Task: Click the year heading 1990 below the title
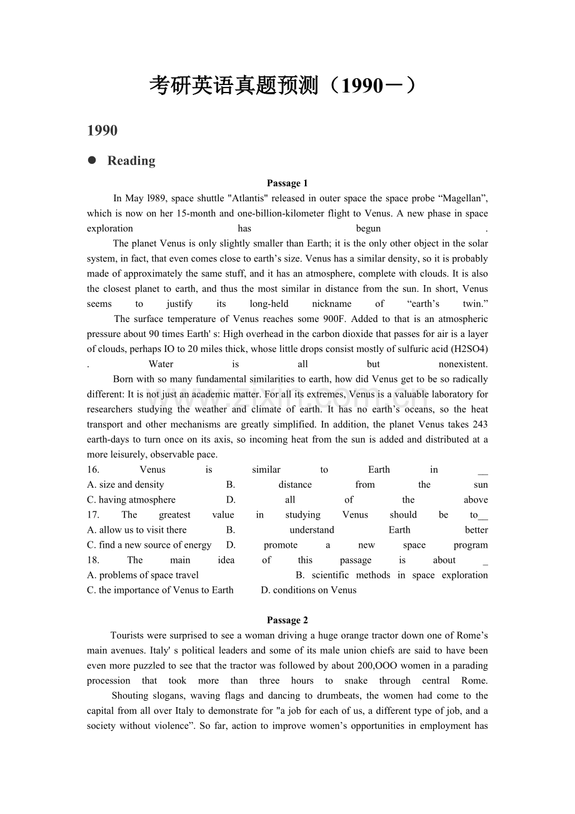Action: click(102, 131)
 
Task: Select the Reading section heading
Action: click(131, 161)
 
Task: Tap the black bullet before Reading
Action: click(92, 160)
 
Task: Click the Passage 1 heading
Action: click(287, 183)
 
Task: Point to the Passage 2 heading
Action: click(287, 620)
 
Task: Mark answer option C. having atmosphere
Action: click(131, 500)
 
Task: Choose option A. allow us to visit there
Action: click(137, 530)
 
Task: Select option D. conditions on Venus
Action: click(309, 590)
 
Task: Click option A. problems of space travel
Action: click(143, 575)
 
